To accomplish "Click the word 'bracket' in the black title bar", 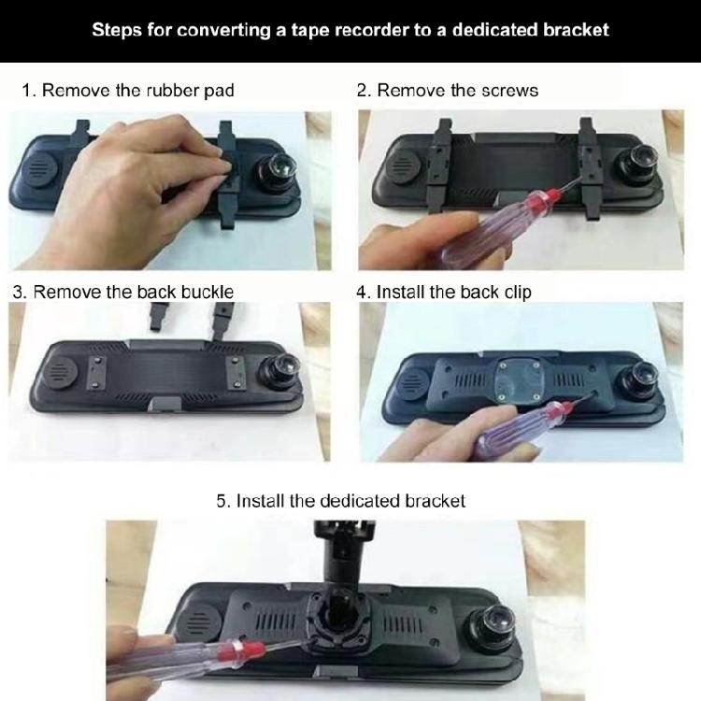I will [572, 29].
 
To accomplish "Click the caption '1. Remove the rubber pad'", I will [128, 91].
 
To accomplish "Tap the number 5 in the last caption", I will [222, 501].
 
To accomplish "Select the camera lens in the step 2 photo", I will [638, 165].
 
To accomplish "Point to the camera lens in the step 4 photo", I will [641, 376].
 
